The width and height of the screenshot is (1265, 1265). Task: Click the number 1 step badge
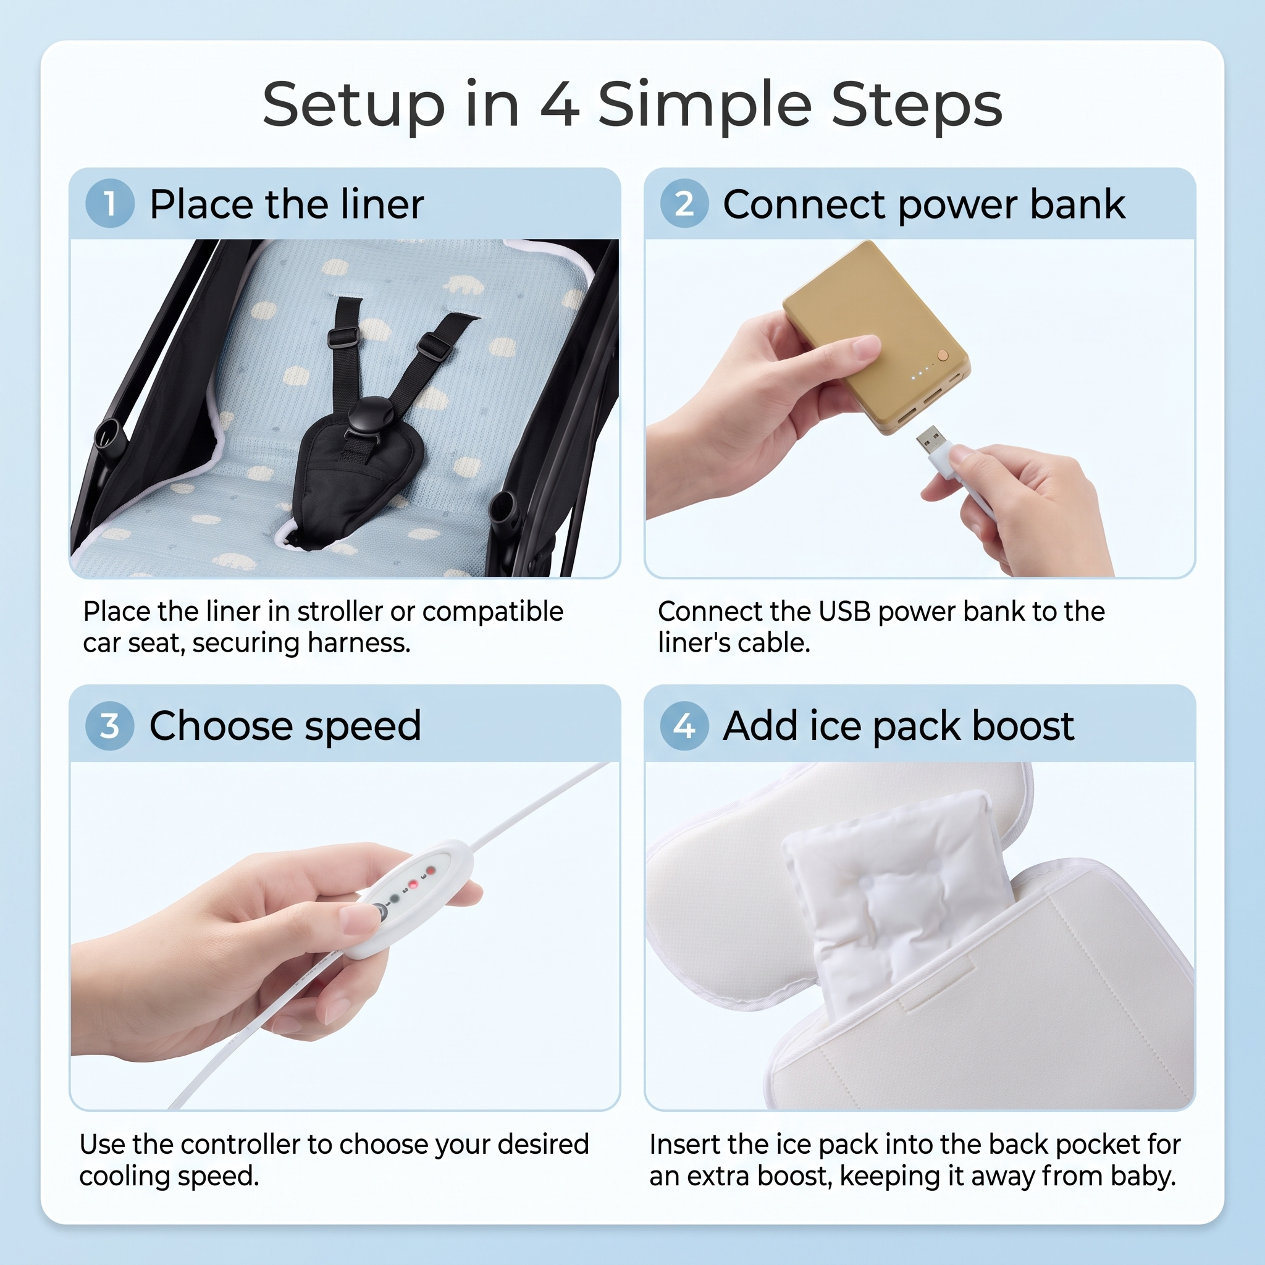click(x=110, y=203)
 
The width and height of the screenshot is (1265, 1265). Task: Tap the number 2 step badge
click(x=684, y=203)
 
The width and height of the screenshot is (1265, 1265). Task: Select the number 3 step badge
click(x=110, y=726)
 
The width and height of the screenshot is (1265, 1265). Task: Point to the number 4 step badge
click(x=684, y=726)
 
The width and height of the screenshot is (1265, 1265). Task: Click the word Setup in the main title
click(x=353, y=105)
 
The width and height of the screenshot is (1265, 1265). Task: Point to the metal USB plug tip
click(x=930, y=437)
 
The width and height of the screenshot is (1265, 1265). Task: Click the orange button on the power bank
click(x=943, y=355)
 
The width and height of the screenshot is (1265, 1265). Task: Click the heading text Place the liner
click(x=287, y=204)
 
